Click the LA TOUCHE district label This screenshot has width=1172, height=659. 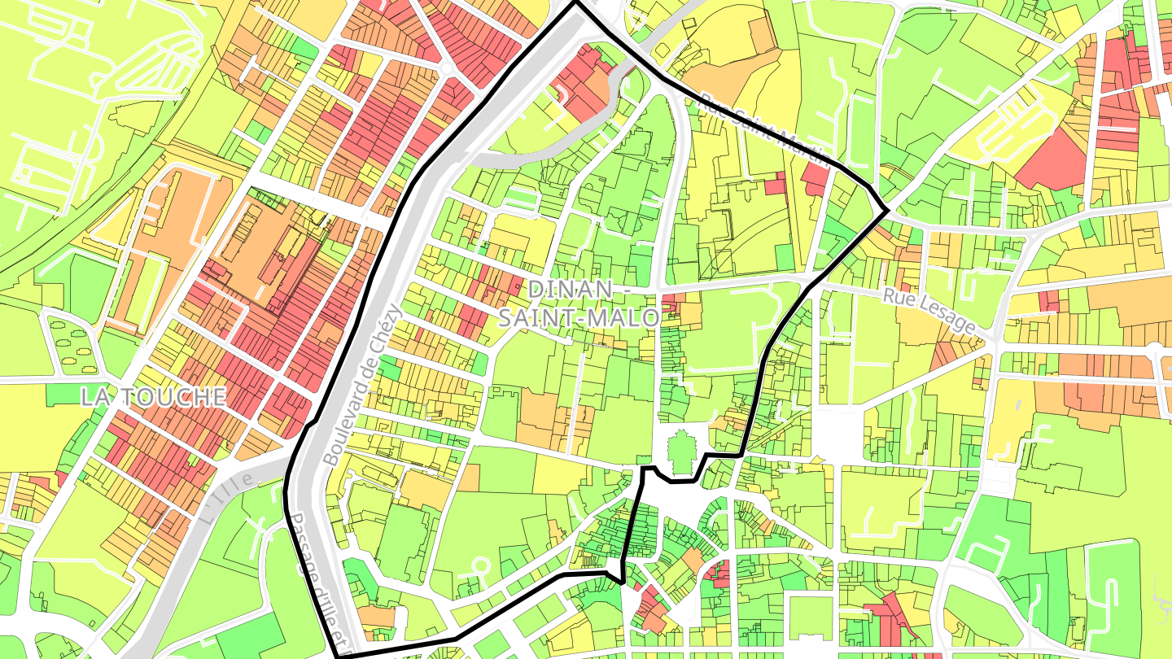click(x=153, y=397)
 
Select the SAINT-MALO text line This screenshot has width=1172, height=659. click(x=578, y=318)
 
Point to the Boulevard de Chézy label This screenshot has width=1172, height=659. click(x=363, y=384)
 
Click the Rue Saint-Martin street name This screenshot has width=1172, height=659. click(x=765, y=130)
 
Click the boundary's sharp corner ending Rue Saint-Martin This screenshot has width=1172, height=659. click(x=886, y=211)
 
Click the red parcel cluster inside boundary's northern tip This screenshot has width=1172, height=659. click(x=582, y=81)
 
